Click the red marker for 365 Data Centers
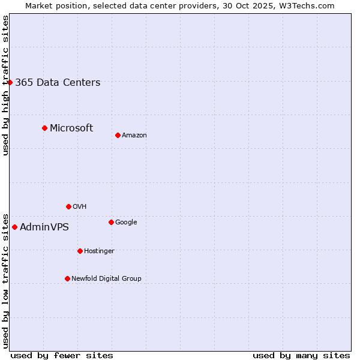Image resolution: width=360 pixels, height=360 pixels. point(10,82)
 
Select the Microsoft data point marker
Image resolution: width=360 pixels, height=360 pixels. point(44,128)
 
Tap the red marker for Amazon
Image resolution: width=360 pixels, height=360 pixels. point(118,135)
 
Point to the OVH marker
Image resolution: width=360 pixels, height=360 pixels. point(68,206)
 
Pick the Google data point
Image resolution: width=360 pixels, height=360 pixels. point(111,222)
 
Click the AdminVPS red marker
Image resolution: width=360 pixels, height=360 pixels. point(14,227)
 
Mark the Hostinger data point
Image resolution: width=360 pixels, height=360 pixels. point(80,251)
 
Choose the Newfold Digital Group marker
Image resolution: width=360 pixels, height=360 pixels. point(67,278)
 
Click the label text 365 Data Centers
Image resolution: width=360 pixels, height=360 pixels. point(58,83)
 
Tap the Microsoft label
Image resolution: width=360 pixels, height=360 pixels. point(71,128)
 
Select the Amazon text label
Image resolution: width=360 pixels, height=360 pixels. point(134,136)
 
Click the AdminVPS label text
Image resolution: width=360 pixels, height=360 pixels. point(44,227)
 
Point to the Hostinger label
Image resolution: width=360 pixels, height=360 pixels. point(99,251)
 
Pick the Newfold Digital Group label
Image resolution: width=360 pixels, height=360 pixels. point(106,278)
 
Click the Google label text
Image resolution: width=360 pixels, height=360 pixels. point(126,222)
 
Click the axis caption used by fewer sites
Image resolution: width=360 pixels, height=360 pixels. point(62,355)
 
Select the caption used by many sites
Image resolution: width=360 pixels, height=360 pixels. point(301,355)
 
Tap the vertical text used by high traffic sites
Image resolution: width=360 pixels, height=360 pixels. point(5,85)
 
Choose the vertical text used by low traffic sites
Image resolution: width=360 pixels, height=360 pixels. point(5,280)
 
